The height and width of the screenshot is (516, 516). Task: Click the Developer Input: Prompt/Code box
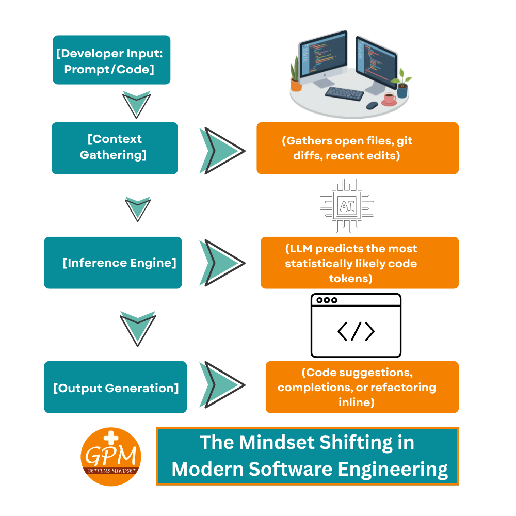coord(111,60)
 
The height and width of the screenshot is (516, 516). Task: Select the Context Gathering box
coord(115,148)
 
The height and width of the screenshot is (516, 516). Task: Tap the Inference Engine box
coord(113,263)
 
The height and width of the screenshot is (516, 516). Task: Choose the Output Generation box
coord(116,387)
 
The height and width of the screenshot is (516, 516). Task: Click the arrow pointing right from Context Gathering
coord(222,151)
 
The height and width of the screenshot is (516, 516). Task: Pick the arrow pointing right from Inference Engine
coord(222,263)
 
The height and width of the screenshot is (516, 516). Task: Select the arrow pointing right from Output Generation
coord(222,385)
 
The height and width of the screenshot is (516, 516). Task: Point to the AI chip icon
coord(347,206)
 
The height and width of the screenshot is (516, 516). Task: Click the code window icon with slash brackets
coord(356,325)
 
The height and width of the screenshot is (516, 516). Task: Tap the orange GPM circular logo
coord(111,457)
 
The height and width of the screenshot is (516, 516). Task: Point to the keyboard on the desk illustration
coord(344,93)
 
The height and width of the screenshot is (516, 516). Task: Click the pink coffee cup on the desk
coord(390,99)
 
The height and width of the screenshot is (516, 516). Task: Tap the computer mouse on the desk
coord(372,105)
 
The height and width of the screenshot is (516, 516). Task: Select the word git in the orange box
coord(405,141)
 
